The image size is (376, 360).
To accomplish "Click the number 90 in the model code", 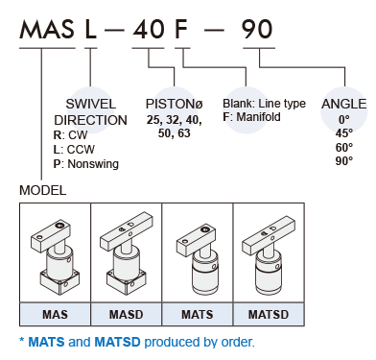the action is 257,30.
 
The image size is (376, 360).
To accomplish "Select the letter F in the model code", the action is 180,30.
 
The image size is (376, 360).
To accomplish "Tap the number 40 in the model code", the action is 149,30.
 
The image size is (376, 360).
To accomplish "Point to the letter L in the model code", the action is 90,30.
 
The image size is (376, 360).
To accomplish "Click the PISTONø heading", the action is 175,104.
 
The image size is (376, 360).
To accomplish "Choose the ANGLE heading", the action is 343,104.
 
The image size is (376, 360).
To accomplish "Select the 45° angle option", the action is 344,133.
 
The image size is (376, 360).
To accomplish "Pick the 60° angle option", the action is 344,147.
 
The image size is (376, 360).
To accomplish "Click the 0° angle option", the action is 344,120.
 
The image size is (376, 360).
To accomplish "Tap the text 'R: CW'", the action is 70,135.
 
